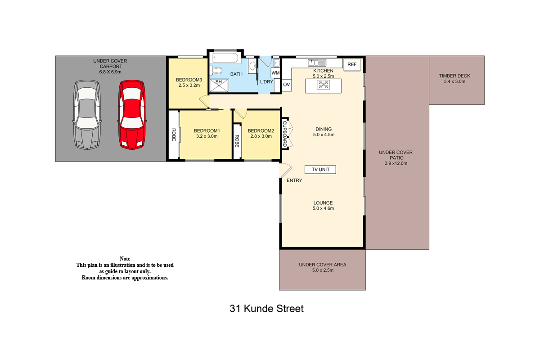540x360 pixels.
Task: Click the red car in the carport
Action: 132,115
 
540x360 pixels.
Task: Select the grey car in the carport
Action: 87,115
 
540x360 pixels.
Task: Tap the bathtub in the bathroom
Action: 225,58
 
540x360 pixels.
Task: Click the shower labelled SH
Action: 219,85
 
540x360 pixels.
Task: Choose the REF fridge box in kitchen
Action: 352,65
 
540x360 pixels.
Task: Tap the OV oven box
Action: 286,85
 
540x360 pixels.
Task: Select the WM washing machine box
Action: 275,73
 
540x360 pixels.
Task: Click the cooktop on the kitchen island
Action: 323,85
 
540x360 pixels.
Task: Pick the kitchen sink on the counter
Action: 317,63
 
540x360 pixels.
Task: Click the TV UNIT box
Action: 320,170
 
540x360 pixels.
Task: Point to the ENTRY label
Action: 294,180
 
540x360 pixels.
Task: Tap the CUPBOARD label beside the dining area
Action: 285,134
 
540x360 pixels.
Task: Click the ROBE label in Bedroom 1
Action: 174,135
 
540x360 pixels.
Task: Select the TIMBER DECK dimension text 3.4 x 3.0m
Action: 454,81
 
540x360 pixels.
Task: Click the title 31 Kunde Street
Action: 266,309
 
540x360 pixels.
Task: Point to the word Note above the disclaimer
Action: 125,259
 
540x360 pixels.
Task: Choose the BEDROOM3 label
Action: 189,80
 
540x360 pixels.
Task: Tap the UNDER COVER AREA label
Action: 323,265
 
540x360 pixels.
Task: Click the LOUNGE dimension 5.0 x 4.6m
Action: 323,208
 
